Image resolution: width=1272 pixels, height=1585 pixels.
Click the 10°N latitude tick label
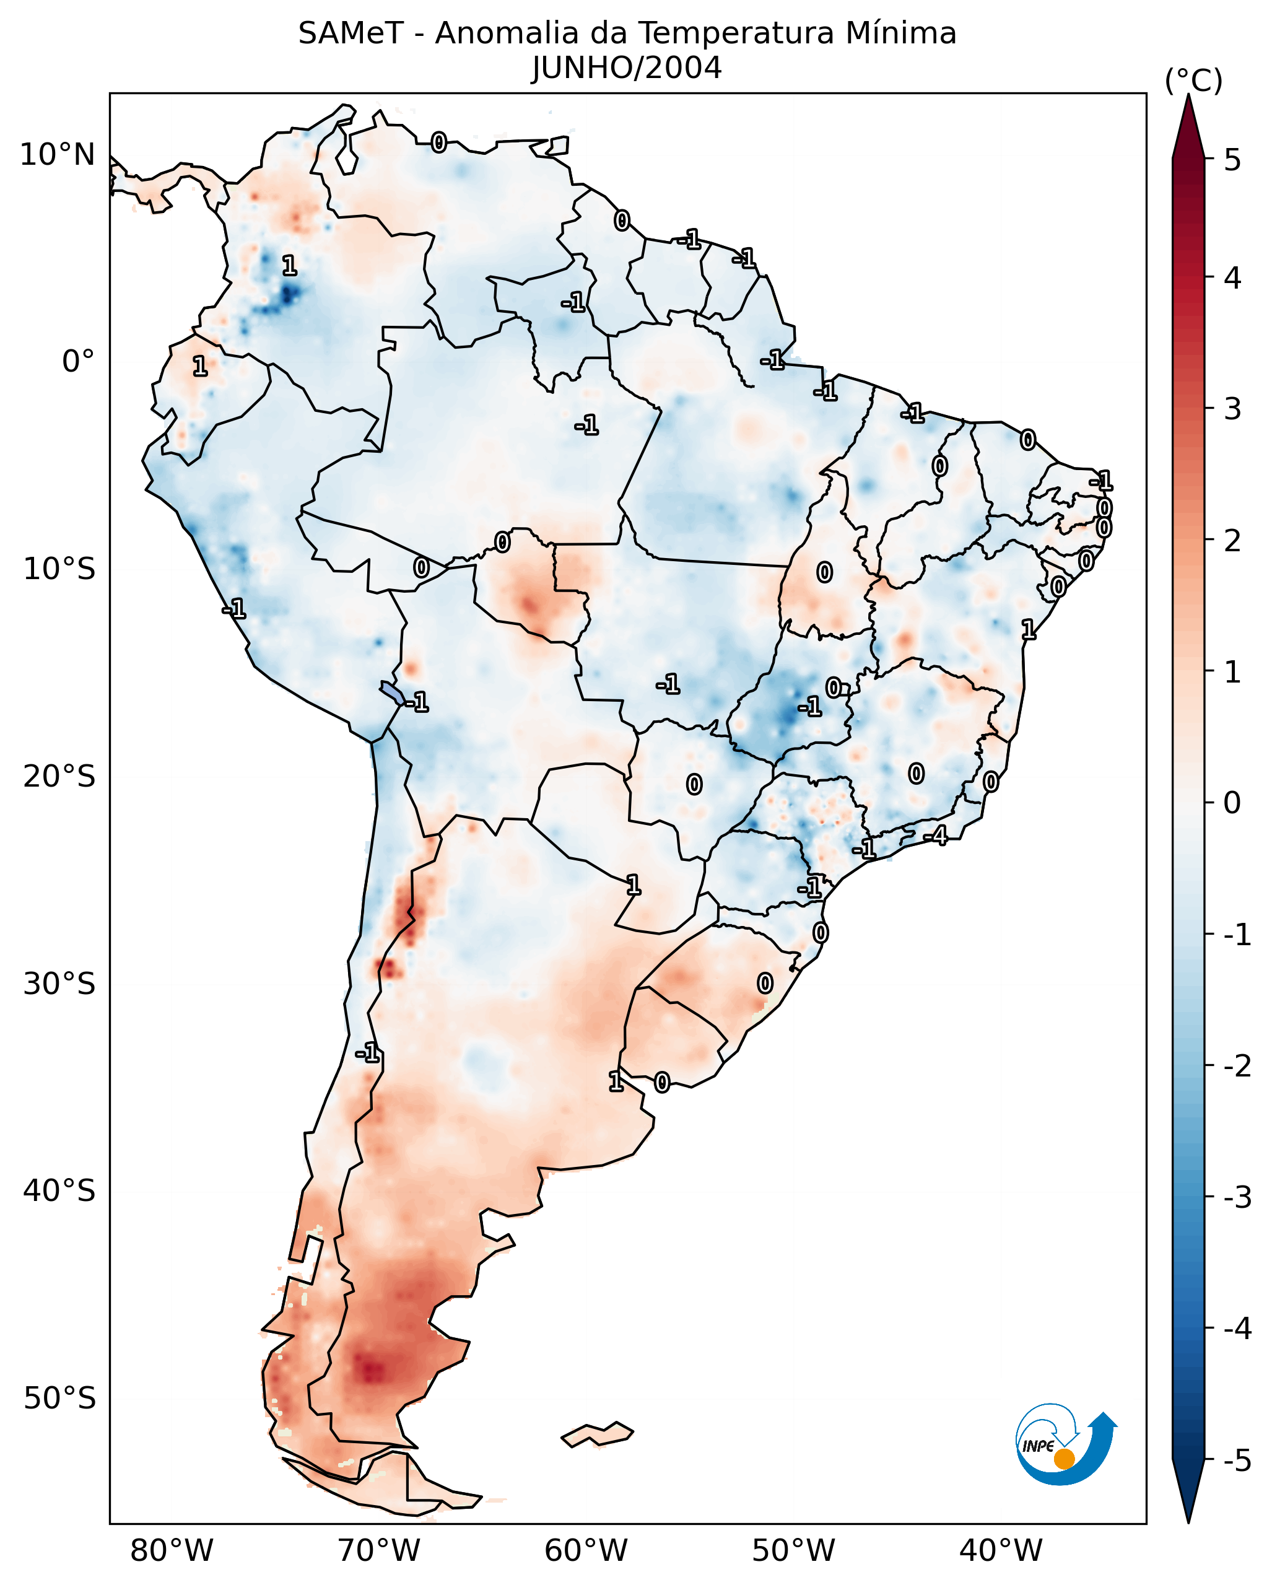(58, 155)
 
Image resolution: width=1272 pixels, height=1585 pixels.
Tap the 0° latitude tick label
(78, 362)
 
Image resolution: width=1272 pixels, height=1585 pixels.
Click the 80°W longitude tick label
(171, 1550)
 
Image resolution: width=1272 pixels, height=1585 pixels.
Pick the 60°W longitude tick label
(586, 1550)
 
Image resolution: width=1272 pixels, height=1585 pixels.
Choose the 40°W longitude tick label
(1000, 1550)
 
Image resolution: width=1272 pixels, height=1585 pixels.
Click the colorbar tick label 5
(1232, 160)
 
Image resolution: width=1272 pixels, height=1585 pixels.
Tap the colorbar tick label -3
(1237, 1197)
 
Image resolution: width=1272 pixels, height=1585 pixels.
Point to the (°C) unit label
(1193, 81)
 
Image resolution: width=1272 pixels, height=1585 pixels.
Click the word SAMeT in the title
(350, 34)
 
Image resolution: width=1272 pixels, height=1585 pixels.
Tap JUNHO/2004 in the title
(627, 68)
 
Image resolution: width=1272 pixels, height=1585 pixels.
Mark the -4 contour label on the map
(936, 836)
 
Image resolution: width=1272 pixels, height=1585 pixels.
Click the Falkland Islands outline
(597, 1434)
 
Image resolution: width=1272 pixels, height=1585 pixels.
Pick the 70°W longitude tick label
(378, 1550)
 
